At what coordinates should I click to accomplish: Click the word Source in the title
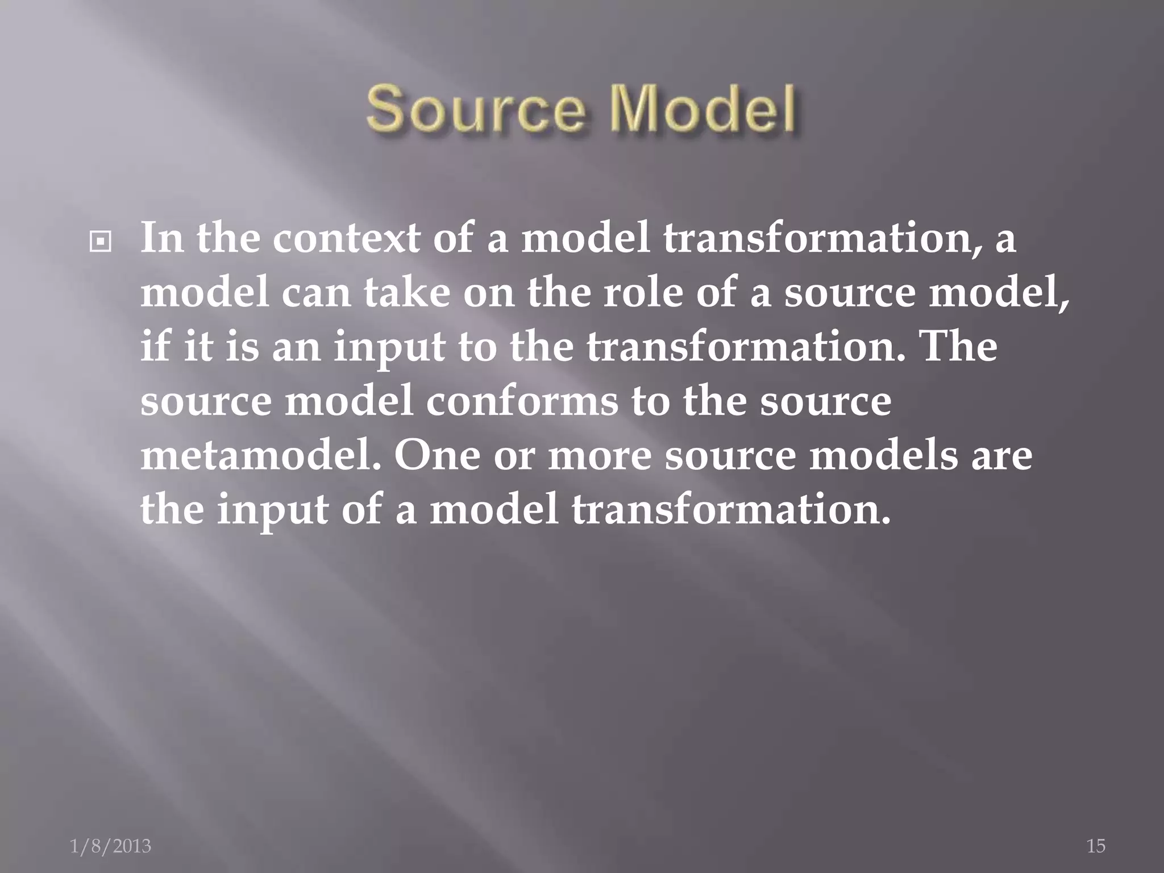(475, 109)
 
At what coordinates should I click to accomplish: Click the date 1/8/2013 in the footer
(111, 846)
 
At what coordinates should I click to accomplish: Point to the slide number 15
(1096, 846)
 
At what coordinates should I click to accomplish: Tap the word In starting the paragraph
(162, 238)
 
